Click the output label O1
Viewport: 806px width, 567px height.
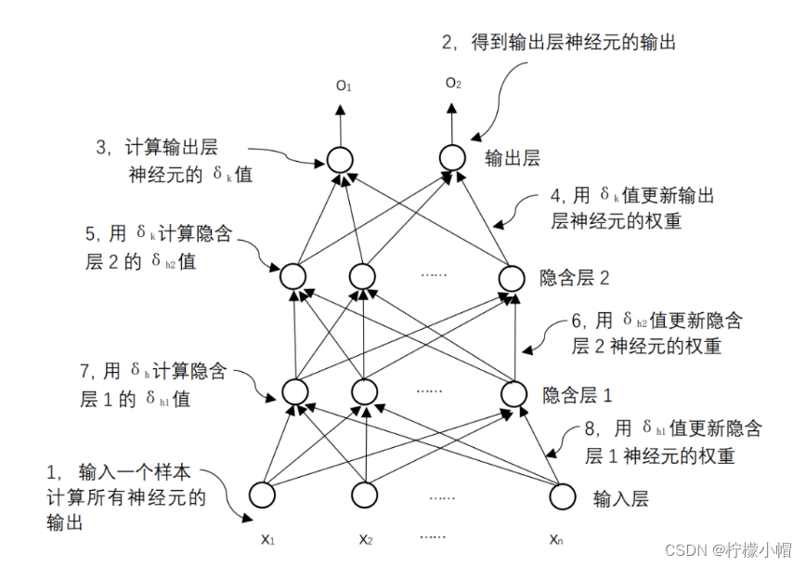click(344, 86)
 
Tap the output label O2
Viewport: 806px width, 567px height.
click(452, 84)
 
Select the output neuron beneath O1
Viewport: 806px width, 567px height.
click(340, 159)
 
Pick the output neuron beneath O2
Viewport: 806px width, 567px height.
click(451, 158)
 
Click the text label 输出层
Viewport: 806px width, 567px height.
click(513, 159)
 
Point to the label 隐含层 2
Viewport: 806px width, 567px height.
click(575, 277)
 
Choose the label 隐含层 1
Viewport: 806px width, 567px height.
click(578, 395)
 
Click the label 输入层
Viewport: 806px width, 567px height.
click(621, 499)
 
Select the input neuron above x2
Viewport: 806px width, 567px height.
click(365, 496)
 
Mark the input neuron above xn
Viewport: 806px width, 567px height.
click(563, 496)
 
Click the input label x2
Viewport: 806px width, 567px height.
click(365, 539)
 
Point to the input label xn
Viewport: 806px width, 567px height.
click(555, 539)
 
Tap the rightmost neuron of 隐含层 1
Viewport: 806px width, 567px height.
click(513, 393)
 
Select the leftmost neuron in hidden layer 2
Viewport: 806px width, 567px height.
click(293, 276)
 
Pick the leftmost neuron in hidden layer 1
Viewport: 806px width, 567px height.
click(293, 393)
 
